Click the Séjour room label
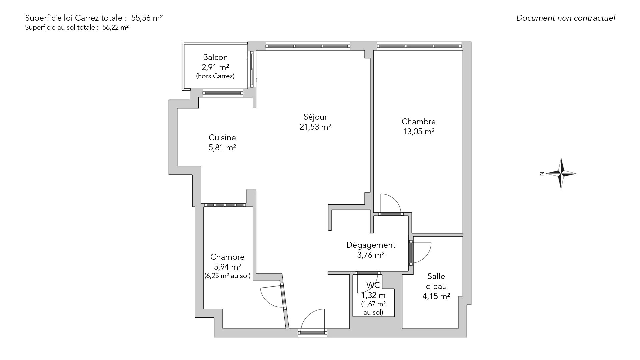point(315,117)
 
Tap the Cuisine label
point(222,137)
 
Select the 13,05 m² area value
point(418,132)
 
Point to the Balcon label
point(215,57)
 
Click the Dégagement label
point(371,245)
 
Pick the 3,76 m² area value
point(371,255)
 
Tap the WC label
point(373,285)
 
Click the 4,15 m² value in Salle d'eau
point(436,296)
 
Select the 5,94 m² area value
point(227,267)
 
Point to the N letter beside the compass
point(542,173)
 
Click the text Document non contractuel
point(566,18)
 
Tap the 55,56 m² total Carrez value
point(147,18)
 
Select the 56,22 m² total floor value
point(115,28)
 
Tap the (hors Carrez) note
point(215,76)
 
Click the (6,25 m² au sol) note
point(227,276)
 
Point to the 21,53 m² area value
point(315,127)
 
